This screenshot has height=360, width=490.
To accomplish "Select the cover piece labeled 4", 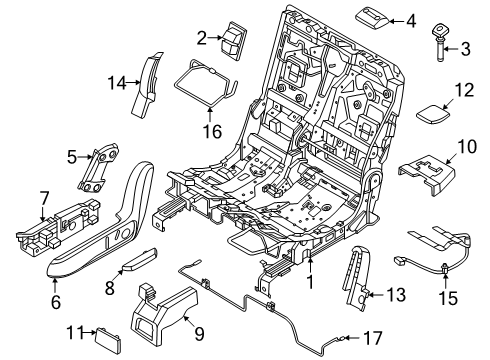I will point(369,17).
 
